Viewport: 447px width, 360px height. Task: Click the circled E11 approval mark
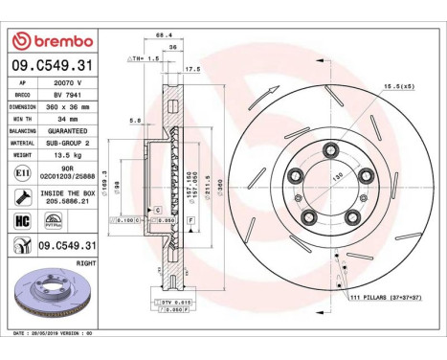[x=21, y=171]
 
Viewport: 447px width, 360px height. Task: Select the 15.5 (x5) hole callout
[x=397, y=87]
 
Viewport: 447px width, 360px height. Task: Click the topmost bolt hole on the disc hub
[x=330, y=148]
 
